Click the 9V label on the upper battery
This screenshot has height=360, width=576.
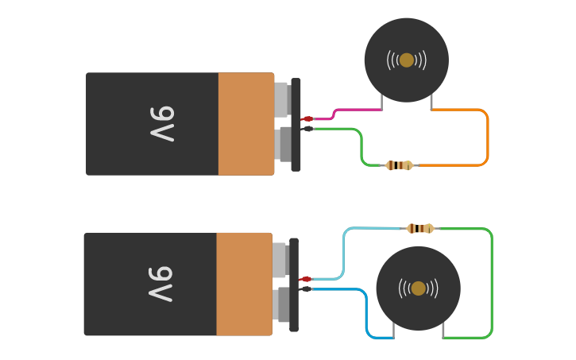pyautogui.click(x=162, y=123)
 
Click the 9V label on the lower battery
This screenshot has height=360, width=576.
pyautogui.click(x=160, y=284)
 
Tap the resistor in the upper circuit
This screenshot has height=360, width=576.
pyautogui.click(x=399, y=165)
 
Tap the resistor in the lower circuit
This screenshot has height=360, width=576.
pyautogui.click(x=420, y=229)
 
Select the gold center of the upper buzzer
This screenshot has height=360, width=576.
pyautogui.click(x=407, y=60)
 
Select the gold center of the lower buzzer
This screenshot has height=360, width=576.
pyautogui.click(x=419, y=288)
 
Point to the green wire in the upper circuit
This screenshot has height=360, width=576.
pyautogui.click(x=361, y=147)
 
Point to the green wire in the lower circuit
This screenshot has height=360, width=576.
pyautogui.click(x=492, y=286)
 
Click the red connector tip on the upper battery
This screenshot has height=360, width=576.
pyautogui.click(x=307, y=119)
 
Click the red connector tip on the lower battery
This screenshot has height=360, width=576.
pyautogui.click(x=306, y=279)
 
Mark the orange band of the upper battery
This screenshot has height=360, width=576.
pyautogui.click(x=246, y=123)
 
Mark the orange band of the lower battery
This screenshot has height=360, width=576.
pyautogui.click(x=244, y=284)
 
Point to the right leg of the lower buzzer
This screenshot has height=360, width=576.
pyautogui.click(x=443, y=330)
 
